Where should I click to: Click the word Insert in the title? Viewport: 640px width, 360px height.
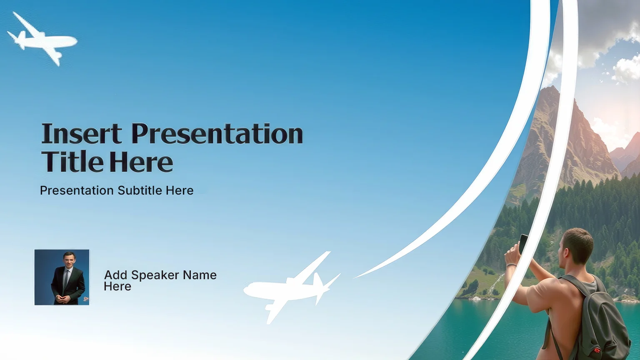click(82, 134)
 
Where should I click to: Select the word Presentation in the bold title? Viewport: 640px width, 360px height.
click(217, 134)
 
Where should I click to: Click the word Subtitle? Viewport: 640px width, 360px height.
click(140, 190)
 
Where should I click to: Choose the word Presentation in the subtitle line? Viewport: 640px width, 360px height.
click(77, 190)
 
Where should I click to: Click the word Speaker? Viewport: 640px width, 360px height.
click(155, 275)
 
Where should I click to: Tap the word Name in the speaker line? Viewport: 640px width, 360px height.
click(200, 275)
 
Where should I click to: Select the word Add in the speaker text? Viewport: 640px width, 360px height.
click(115, 275)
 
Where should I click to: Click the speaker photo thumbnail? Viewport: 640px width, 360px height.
click(62, 277)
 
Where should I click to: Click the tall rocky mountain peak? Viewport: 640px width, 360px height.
click(569, 134)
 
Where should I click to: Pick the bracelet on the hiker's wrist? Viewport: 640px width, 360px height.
click(511, 265)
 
